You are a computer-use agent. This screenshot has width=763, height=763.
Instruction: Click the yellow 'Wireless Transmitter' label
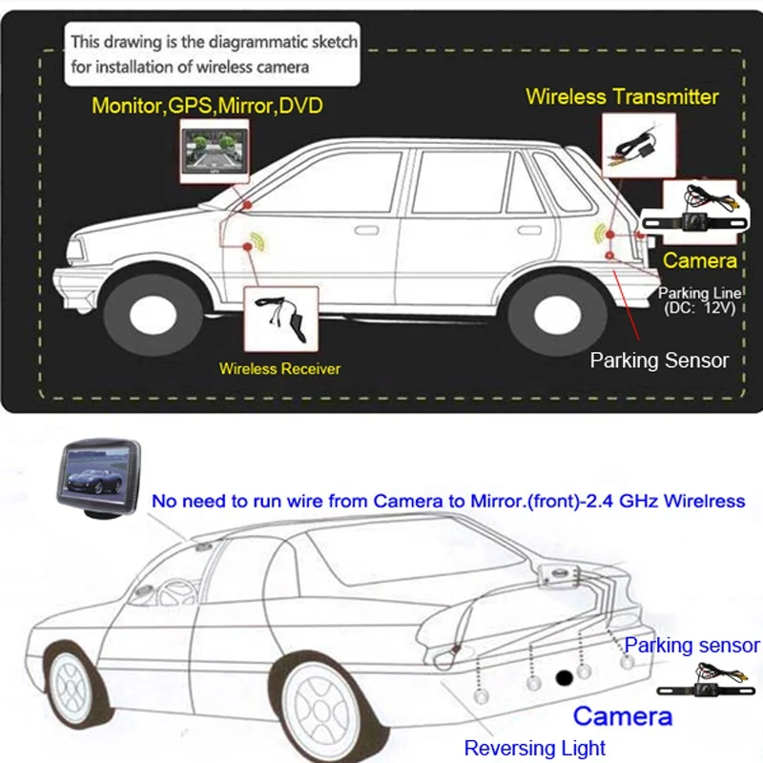click(x=622, y=96)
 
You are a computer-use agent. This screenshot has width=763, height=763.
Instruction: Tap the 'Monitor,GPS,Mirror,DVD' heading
click(x=207, y=105)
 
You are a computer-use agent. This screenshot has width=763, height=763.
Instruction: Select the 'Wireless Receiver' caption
click(x=279, y=368)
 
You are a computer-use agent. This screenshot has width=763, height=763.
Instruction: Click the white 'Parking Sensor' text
click(x=659, y=361)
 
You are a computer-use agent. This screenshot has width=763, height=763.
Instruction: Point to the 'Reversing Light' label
click(x=534, y=748)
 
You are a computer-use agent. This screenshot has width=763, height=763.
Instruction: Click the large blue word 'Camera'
click(x=622, y=716)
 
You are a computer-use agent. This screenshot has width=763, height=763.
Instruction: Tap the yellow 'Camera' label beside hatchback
click(x=700, y=260)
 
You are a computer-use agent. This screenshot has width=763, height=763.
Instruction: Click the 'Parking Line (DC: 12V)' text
click(x=697, y=300)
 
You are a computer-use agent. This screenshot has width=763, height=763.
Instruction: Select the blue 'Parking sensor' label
click(x=691, y=646)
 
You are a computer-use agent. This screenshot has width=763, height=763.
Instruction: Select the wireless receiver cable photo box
click(x=279, y=320)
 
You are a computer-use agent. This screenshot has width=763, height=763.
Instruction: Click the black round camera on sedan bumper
click(x=565, y=678)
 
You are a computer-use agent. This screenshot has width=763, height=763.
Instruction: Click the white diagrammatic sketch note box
click(x=215, y=53)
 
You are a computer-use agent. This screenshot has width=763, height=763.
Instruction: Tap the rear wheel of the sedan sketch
click(x=324, y=707)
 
